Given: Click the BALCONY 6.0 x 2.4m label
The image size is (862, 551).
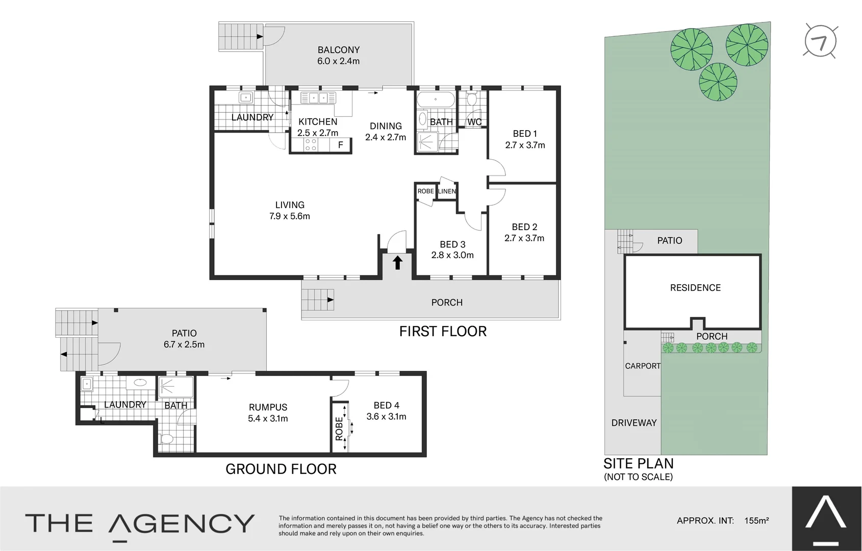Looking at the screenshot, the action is click(338, 56).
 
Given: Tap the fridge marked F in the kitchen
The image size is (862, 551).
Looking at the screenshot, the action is click(341, 145).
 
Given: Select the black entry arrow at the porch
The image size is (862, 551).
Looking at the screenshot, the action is click(397, 263).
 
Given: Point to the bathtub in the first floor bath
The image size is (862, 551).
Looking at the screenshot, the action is click(436, 99).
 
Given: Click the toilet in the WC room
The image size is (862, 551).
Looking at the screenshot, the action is click(471, 98).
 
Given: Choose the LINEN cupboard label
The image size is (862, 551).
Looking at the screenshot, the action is click(447, 191).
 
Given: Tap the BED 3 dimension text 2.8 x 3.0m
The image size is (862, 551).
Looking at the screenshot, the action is click(452, 255).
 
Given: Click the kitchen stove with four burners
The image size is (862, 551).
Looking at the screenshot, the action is click(310, 145).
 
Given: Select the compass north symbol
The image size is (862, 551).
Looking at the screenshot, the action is click(821, 41).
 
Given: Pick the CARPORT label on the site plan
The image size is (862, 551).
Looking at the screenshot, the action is click(643, 366).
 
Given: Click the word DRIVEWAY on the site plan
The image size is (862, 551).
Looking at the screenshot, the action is click(634, 423).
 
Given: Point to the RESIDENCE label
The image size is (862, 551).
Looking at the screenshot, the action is click(695, 288).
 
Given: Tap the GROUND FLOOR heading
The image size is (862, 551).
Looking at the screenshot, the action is click(281, 469).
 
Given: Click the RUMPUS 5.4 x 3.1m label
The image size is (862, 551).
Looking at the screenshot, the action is click(268, 413).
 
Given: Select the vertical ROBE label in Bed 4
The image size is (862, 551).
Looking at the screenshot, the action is click(339, 429).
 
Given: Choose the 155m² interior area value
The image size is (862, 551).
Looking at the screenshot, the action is click(756, 520).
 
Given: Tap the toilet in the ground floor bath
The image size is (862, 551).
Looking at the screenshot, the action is click(167, 439).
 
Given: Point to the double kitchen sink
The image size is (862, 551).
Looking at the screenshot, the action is click(318, 98).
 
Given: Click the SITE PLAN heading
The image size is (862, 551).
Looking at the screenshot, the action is click(639, 463).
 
